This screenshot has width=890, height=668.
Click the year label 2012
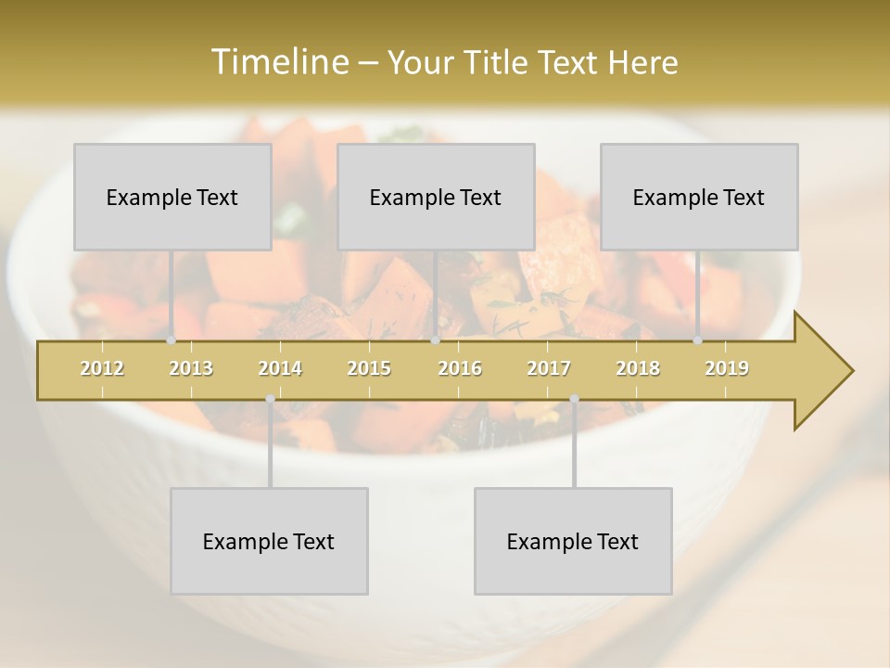102,368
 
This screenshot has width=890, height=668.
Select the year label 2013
191,368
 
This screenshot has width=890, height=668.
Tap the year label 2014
280,368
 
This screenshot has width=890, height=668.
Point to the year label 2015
369,368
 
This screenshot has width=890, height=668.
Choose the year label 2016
460,368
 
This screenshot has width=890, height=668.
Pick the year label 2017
549,368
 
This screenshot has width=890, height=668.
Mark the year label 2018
638,368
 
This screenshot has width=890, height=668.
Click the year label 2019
727,368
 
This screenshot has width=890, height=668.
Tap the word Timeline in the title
277,62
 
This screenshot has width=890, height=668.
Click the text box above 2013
172,197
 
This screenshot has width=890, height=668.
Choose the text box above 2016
436,197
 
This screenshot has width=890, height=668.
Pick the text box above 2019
699,197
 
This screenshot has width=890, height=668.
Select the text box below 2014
269,541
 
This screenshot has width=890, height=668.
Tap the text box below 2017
573,541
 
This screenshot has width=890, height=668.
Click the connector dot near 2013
172,340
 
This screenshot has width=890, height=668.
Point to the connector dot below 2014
270,399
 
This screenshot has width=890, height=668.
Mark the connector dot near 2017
574,399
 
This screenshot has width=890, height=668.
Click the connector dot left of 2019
698,340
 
